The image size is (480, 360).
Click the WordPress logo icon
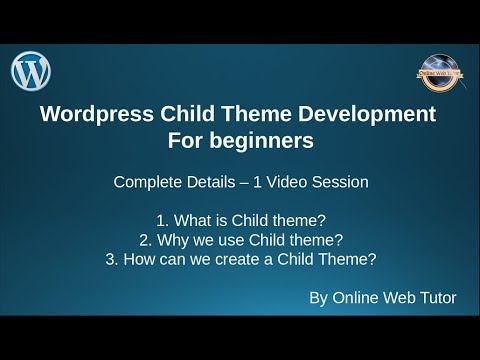[31, 71]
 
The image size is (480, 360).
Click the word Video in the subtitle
[298, 184]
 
